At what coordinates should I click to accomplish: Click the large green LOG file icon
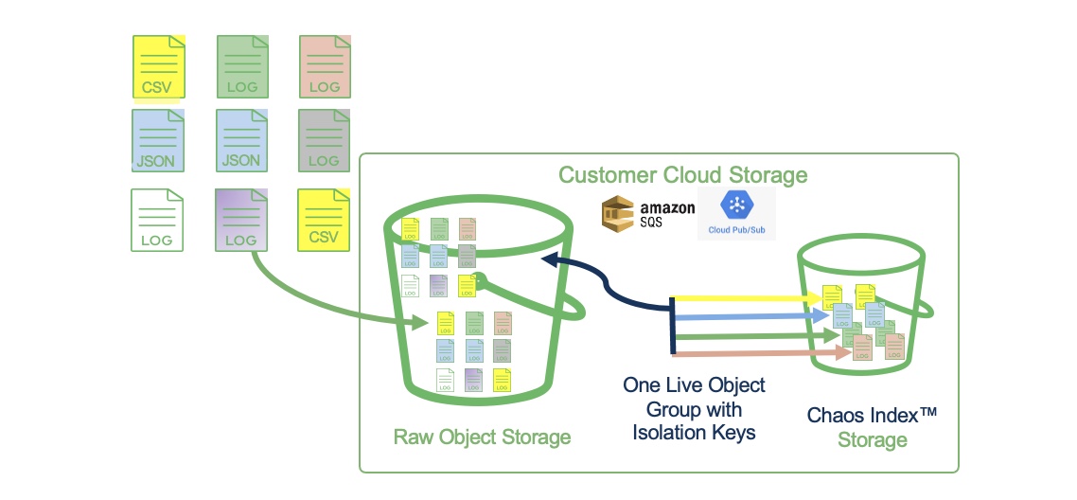(243, 66)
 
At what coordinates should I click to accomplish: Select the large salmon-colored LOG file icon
(326, 66)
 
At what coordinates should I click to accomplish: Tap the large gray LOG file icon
(326, 140)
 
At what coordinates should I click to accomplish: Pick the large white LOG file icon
(157, 220)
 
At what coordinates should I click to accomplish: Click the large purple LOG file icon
(242, 220)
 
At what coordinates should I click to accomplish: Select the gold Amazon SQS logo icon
(621, 213)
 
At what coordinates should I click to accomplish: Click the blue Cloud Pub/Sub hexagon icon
(735, 205)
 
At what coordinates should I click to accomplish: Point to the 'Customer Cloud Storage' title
(682, 175)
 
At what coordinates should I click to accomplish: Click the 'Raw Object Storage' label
(482, 437)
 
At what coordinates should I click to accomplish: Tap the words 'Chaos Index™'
(872, 416)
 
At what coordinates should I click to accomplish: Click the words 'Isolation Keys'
(694, 434)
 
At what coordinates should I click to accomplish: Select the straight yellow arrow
(748, 299)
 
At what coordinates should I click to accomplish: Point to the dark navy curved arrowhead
(550, 258)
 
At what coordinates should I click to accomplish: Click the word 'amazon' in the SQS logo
(667, 207)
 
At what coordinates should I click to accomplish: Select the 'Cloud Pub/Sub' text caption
(735, 230)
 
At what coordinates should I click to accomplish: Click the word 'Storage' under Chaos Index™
(872, 440)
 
